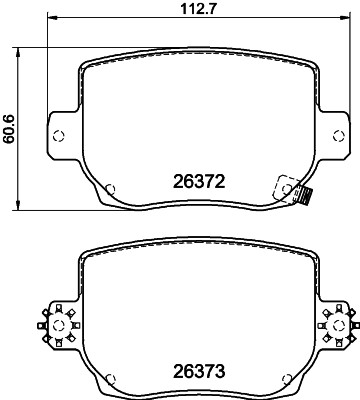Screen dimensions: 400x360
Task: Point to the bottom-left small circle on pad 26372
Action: pyautogui.click(x=110, y=188)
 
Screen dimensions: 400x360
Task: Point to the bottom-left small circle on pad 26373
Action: pyautogui.click(x=111, y=376)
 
